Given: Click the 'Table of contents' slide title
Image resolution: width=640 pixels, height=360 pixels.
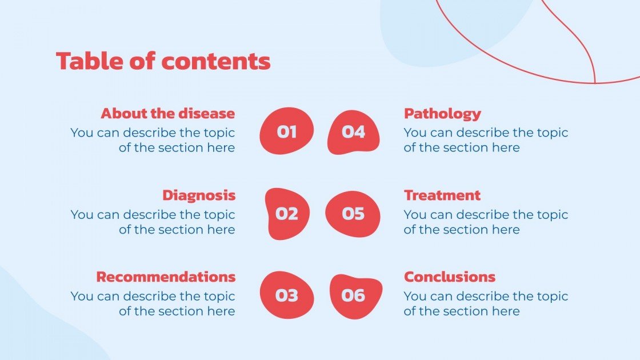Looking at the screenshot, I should click(163, 61).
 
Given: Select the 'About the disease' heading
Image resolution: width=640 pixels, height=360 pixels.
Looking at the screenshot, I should click(167, 113).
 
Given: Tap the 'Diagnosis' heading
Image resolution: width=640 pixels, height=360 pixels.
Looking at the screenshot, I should click(198, 195).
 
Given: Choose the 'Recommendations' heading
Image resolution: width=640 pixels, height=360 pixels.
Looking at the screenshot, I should click(165, 277).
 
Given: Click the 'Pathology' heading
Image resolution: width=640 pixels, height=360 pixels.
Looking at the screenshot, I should click(442, 113).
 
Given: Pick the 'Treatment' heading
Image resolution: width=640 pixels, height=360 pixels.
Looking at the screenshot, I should click(442, 195).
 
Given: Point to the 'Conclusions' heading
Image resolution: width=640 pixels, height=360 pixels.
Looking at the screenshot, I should click(449, 277).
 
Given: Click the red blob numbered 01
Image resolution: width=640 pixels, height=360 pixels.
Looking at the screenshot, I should click(287, 131).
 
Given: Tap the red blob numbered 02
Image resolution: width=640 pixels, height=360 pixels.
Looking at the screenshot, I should click(287, 214).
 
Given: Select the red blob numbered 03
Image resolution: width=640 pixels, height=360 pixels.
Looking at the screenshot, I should click(287, 295).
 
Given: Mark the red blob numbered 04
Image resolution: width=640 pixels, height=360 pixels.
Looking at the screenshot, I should click(353, 132).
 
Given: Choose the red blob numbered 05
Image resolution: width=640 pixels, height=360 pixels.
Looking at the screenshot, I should click(353, 214).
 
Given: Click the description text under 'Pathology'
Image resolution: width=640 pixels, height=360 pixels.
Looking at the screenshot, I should click(486, 140).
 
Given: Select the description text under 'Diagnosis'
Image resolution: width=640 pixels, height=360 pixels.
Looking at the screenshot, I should click(153, 222).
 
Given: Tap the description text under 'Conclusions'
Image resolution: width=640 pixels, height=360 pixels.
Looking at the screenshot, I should click(486, 304).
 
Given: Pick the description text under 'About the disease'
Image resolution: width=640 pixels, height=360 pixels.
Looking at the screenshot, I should click(153, 140).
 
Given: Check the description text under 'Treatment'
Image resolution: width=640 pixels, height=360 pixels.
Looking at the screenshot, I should click(486, 222).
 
